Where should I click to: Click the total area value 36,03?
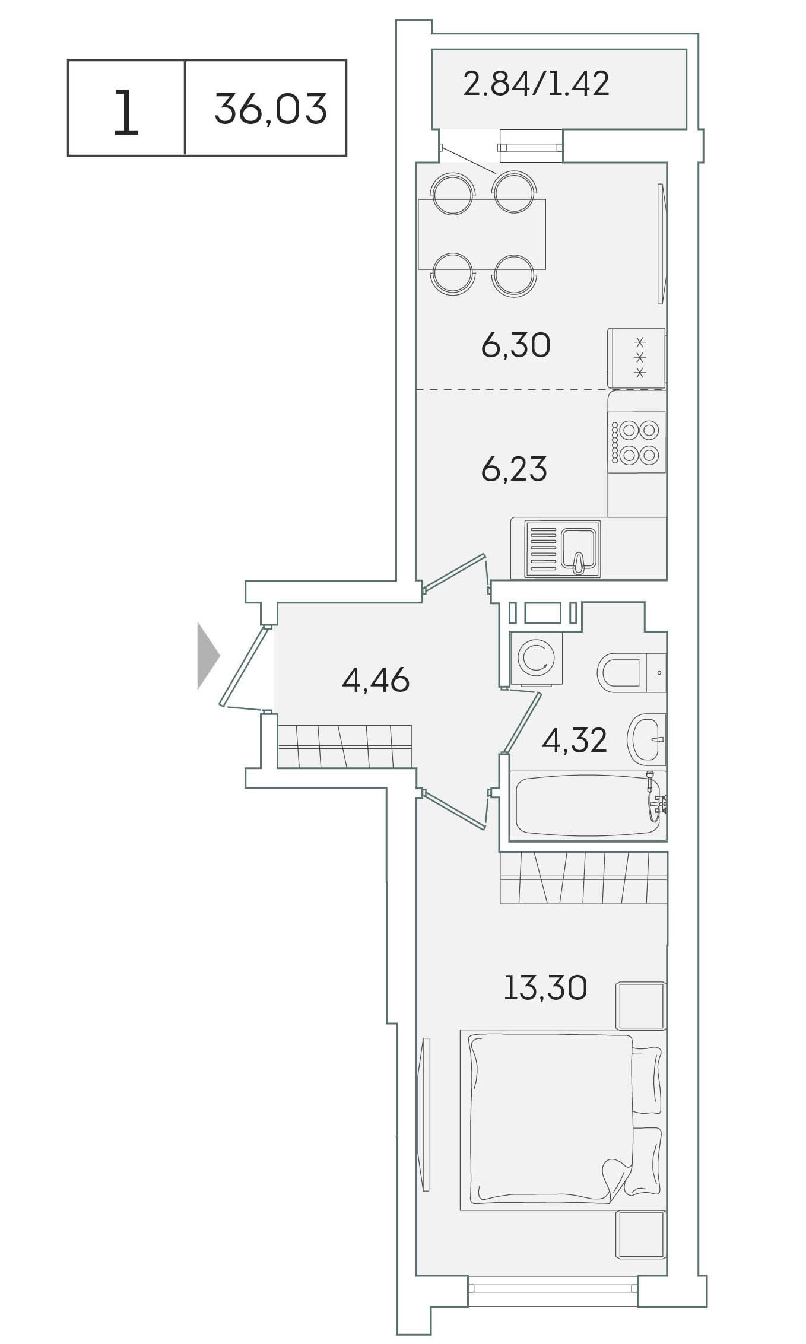[271, 109]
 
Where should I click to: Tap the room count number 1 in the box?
[126, 112]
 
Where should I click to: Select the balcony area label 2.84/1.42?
[536, 84]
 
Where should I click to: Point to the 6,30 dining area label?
[516, 345]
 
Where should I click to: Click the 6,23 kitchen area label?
[514, 469]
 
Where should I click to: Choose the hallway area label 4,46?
[376, 680]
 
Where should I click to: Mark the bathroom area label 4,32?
[575, 741]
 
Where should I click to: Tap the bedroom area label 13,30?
[545, 987]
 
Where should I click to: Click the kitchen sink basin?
[578, 549]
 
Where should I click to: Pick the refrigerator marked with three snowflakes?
[636, 358]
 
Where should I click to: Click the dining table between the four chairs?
[482, 234]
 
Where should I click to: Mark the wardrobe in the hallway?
[344, 746]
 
